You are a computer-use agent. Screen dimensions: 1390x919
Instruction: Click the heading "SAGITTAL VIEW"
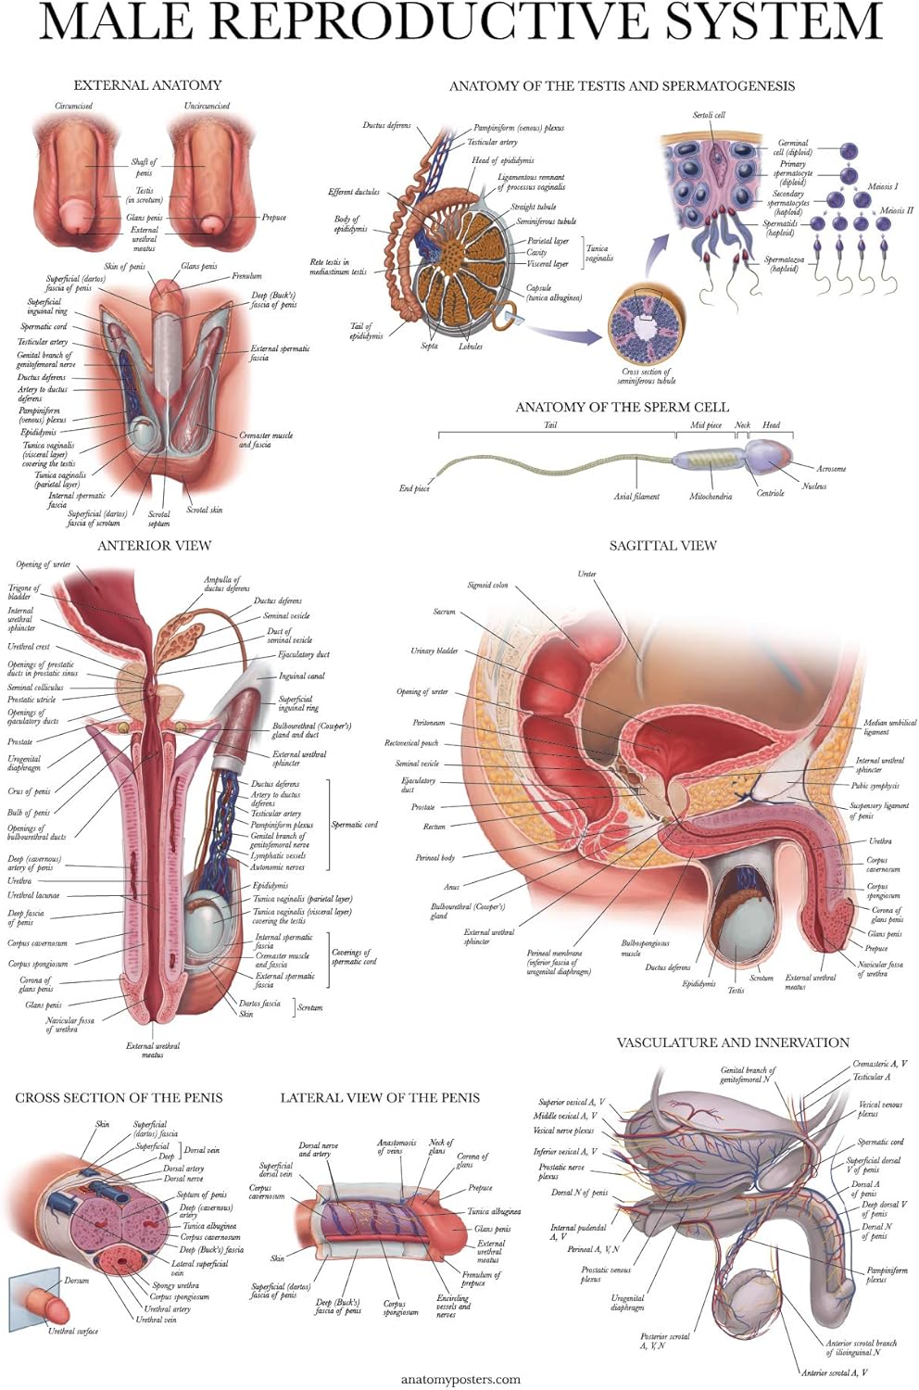click(662, 546)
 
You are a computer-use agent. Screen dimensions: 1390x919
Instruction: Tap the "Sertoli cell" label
click(709, 115)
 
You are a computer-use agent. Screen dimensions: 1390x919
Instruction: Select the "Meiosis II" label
click(896, 210)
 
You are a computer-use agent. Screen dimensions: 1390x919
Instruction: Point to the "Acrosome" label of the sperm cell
click(831, 469)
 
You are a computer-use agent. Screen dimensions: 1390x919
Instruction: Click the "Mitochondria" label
click(711, 497)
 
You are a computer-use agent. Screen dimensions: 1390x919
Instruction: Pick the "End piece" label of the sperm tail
click(414, 488)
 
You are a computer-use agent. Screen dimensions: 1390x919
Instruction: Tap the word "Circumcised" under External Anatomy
click(73, 106)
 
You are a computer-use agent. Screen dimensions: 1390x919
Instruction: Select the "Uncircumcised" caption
click(207, 106)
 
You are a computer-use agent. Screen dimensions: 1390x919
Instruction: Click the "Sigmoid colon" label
click(487, 586)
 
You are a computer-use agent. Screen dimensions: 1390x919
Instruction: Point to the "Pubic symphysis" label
click(875, 786)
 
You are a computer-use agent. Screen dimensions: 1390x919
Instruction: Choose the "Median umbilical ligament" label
click(889, 727)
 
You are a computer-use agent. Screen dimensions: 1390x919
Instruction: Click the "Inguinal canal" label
click(301, 676)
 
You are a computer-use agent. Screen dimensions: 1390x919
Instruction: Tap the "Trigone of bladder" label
click(24, 592)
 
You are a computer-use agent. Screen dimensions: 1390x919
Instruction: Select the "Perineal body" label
click(434, 858)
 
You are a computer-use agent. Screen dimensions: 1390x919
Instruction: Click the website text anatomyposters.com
click(460, 1379)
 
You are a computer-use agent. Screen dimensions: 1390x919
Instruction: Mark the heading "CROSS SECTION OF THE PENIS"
click(119, 1098)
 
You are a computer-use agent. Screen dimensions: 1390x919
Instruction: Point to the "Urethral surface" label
click(73, 1332)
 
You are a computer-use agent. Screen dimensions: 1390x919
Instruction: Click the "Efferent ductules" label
click(354, 192)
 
